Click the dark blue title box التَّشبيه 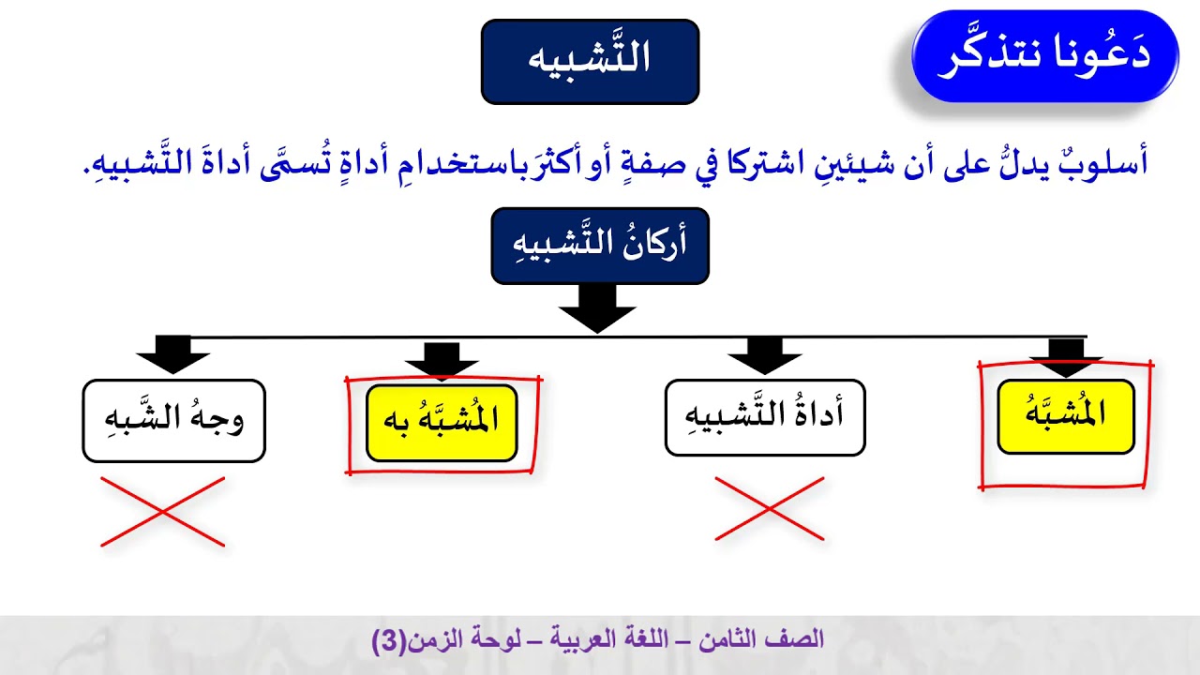click(x=590, y=61)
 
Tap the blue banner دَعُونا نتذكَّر click(x=1044, y=56)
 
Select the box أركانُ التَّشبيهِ click(x=600, y=246)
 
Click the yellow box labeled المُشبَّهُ click(x=1066, y=416)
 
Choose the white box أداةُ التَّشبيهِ click(x=764, y=417)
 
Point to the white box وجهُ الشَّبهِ click(x=173, y=420)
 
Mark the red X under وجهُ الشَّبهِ click(x=162, y=512)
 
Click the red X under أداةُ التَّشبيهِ click(x=769, y=509)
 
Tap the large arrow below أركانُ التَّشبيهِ click(x=597, y=308)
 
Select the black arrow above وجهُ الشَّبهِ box click(x=172, y=354)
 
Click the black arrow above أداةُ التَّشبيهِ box click(x=764, y=355)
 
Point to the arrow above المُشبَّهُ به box click(x=442, y=359)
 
